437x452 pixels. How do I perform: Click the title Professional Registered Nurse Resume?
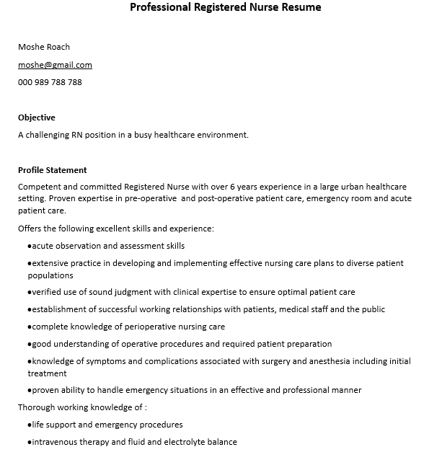[225, 8]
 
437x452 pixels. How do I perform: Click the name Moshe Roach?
[44, 47]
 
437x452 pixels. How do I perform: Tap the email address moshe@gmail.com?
[55, 65]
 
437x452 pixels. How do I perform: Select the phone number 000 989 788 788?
[50, 82]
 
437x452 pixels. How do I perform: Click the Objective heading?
[36, 118]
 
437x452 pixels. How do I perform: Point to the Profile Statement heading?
[52, 170]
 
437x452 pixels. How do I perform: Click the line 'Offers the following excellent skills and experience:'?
[116, 229]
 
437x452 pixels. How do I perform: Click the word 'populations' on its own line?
[50, 275]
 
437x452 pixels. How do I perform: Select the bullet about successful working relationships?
[208, 309]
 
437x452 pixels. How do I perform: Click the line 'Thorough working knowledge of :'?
[82, 407]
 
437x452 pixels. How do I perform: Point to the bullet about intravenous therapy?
[134, 442]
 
